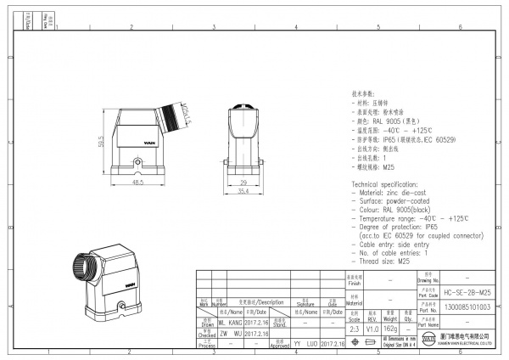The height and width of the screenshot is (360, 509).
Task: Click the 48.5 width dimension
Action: click(139, 180)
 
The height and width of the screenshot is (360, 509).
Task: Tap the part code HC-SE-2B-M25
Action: click(467, 290)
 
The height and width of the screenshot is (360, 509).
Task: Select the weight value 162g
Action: click(391, 327)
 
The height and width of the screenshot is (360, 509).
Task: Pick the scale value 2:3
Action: click(355, 327)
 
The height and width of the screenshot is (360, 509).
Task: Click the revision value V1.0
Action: click(372, 327)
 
